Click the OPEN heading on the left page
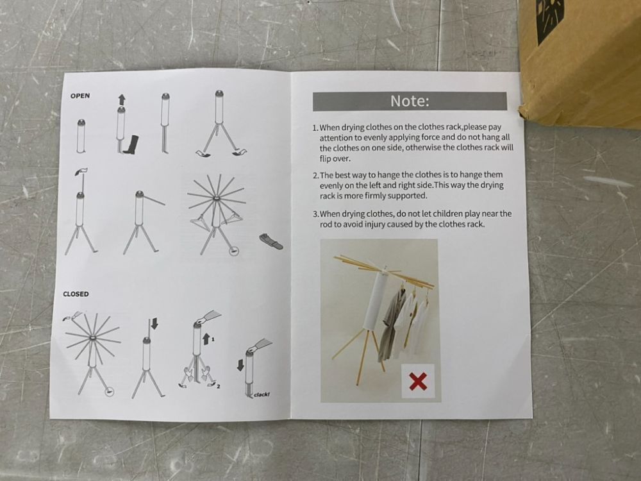click(80, 96)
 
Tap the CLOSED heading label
click(76, 294)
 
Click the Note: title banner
click(410, 101)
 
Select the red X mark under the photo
click(418, 381)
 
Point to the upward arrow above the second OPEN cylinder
click(121, 99)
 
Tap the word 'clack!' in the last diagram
click(262, 394)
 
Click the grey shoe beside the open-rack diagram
click(271, 241)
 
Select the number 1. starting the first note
click(315, 128)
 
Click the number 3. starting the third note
click(316, 214)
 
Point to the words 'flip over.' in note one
click(335, 158)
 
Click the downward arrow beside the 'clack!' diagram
click(241, 365)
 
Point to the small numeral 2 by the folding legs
click(219, 386)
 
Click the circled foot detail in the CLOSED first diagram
click(109, 392)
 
